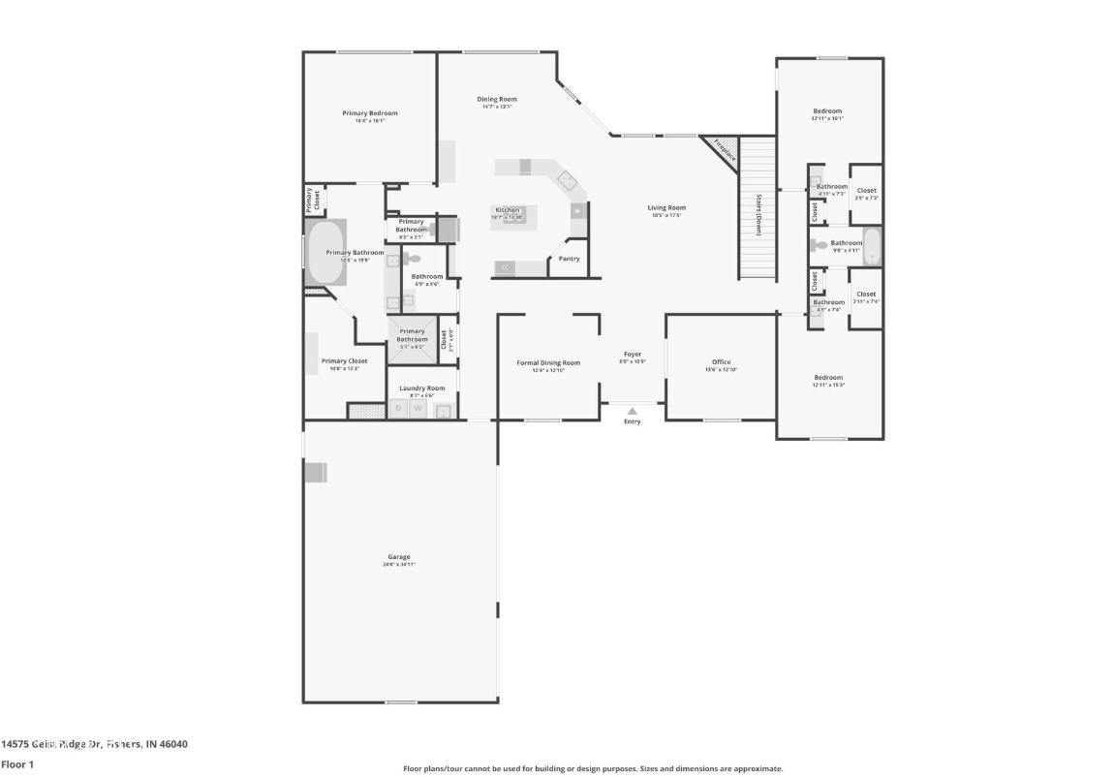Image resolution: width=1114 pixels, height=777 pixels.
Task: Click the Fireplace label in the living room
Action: pos(725,151)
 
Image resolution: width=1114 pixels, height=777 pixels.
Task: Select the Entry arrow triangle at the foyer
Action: pos(632,411)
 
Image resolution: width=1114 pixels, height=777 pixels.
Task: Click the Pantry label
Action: pos(570,259)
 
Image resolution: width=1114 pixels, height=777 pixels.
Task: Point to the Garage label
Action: pos(399,557)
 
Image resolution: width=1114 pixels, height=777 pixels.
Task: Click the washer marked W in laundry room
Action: pos(418,409)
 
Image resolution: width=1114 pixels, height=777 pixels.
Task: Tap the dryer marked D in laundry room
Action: pos(397,409)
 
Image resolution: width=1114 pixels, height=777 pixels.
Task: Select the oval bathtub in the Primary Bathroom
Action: pos(326,253)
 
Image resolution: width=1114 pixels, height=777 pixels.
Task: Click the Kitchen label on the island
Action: pos(508,210)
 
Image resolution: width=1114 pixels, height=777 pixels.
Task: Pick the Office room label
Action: pos(721,362)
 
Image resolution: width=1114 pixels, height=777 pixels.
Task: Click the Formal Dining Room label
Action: pos(547,363)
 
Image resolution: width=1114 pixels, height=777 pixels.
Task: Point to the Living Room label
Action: pos(666,207)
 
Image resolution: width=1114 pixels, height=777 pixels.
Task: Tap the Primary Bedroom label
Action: pos(369,113)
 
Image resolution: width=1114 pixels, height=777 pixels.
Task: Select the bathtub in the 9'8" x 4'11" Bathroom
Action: pos(872,246)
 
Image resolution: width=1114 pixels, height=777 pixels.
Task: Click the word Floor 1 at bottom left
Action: pos(17,764)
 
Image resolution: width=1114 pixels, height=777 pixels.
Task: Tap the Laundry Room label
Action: pos(421,388)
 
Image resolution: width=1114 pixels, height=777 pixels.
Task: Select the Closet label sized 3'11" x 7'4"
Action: pos(865,295)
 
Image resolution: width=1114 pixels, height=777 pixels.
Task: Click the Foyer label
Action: pos(632,355)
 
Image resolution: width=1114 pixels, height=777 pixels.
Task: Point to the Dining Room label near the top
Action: pos(497,99)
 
